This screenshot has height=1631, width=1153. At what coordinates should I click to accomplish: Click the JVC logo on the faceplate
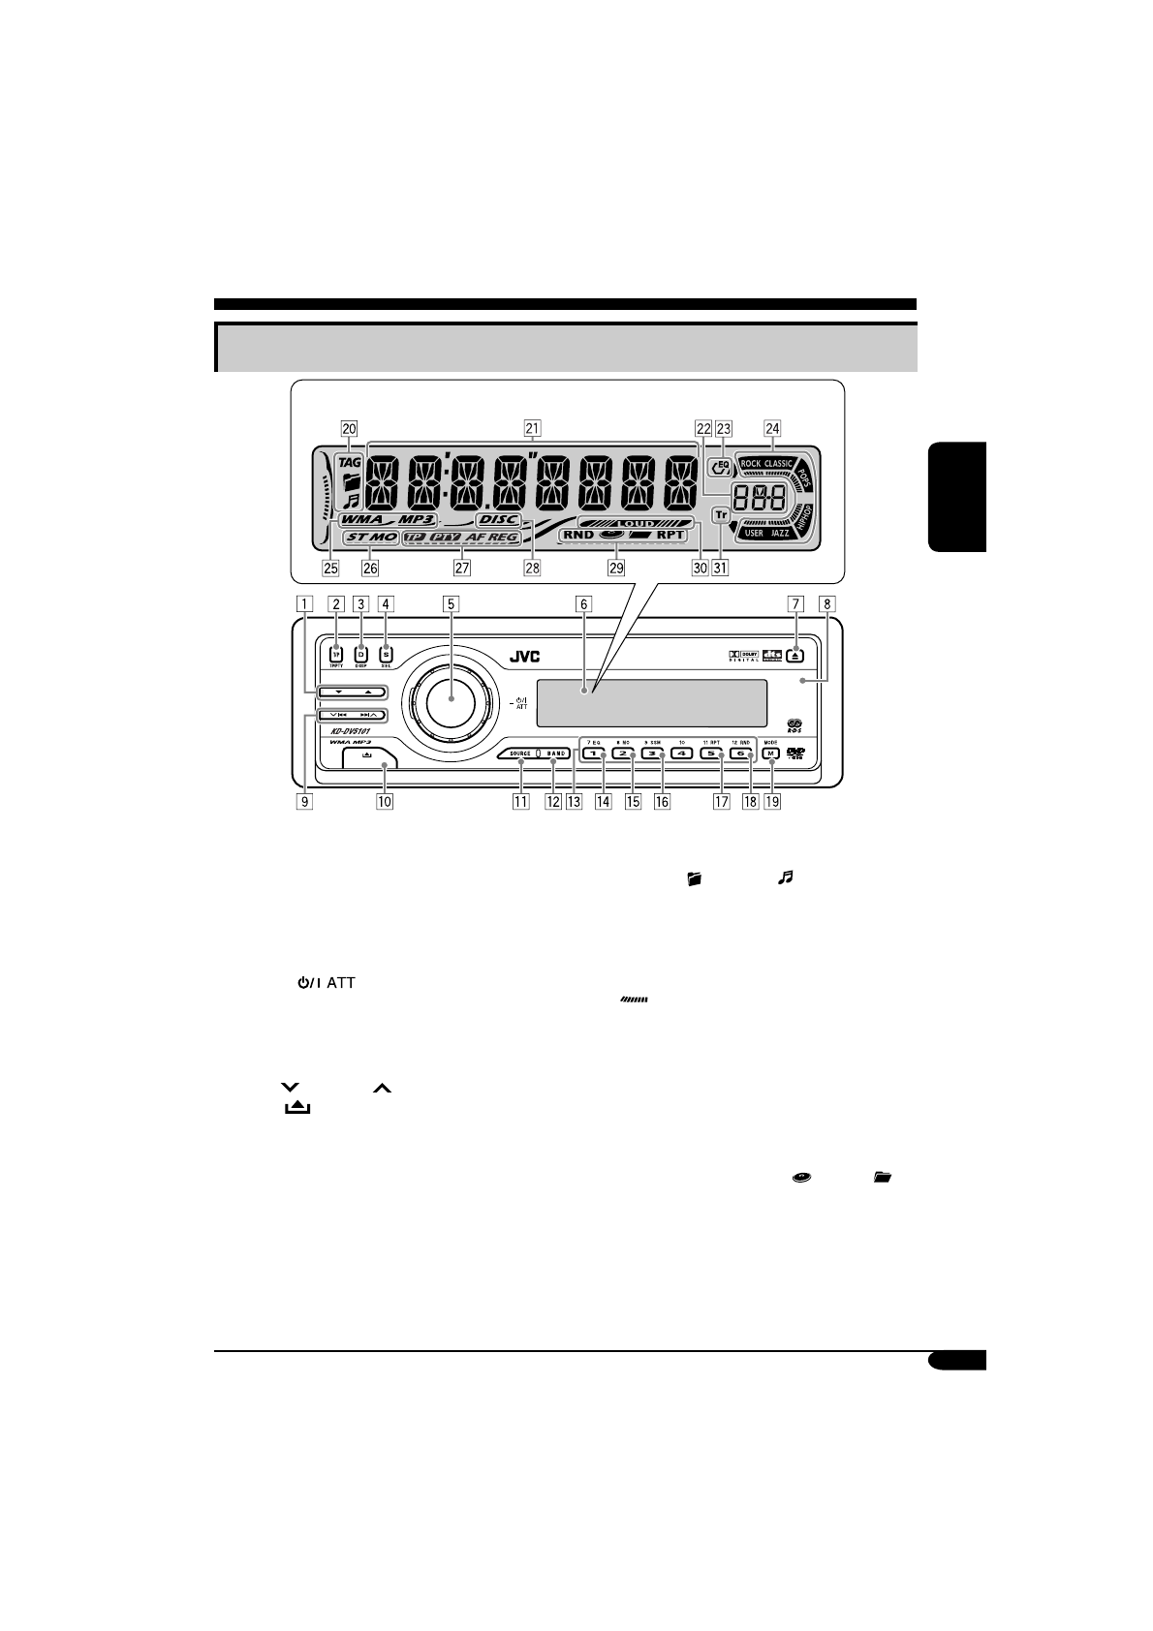(524, 658)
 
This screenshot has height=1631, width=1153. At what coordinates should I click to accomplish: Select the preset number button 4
(681, 754)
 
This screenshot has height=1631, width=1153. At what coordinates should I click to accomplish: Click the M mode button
(771, 754)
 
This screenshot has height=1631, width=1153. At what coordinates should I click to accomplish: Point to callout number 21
(531, 427)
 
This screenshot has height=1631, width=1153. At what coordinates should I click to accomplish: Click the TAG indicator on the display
(349, 462)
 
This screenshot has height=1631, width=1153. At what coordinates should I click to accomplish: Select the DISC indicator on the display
(498, 519)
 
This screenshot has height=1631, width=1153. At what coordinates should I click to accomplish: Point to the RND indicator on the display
(578, 535)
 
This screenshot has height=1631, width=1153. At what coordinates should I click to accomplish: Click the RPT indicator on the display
(670, 535)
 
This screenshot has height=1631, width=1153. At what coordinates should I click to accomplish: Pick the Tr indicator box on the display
(721, 515)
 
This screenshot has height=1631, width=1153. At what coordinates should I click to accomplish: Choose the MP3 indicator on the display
(416, 519)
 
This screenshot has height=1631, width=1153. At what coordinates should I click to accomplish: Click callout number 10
(386, 802)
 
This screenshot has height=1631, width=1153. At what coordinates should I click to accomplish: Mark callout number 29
(616, 569)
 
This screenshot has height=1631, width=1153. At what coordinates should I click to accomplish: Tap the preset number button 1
(593, 754)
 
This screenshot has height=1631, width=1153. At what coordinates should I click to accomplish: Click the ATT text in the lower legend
(341, 983)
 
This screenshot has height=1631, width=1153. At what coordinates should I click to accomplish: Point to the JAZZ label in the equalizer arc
(780, 534)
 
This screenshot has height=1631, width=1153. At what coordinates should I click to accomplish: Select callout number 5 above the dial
(451, 603)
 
